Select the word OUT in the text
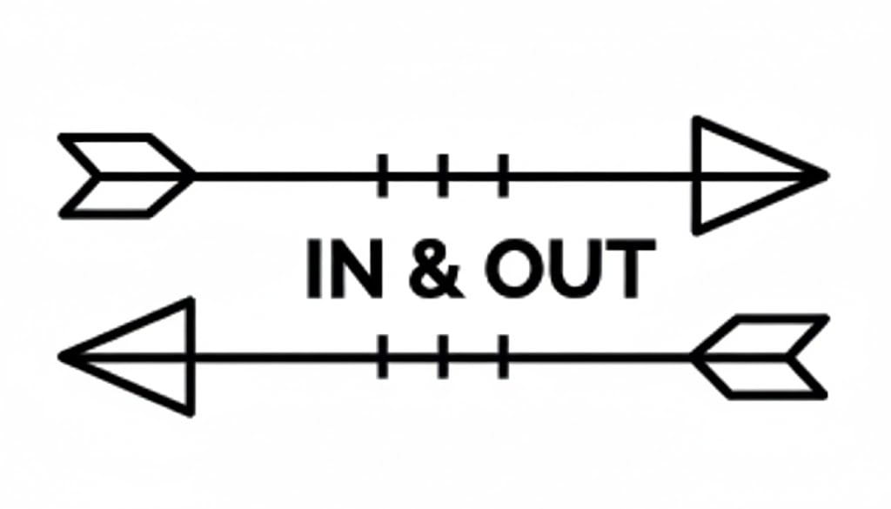[x=570, y=270]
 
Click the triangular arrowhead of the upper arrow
[x=748, y=175]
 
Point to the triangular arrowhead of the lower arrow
[x=139, y=356]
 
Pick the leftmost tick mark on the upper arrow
[x=383, y=175]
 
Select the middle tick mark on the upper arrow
[x=443, y=175]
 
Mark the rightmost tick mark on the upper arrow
[x=503, y=175]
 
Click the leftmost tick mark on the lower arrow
[x=383, y=356]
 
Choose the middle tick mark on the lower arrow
[x=443, y=356]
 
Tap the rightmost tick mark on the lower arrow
[x=503, y=356]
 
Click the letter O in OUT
[x=514, y=270]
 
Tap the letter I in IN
[x=314, y=270]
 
